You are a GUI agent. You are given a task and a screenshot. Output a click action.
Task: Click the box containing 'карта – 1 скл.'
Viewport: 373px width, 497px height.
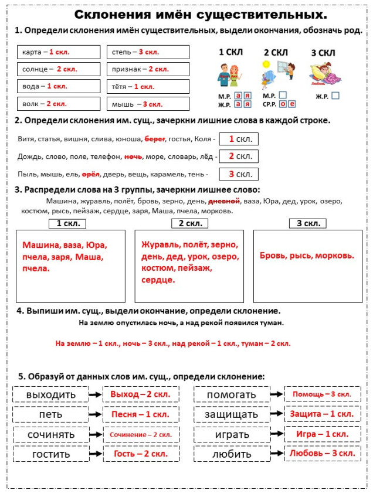59,52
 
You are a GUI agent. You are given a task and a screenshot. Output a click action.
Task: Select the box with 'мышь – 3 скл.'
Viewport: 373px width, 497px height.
149,104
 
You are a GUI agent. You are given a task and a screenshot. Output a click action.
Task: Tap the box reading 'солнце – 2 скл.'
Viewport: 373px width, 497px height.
59,69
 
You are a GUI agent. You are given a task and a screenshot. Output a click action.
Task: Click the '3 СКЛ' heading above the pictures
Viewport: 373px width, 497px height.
323,53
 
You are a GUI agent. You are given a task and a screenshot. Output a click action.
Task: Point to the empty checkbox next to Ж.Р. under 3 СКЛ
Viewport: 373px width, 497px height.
335,95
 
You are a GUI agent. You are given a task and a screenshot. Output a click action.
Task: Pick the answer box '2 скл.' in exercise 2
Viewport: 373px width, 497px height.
239,156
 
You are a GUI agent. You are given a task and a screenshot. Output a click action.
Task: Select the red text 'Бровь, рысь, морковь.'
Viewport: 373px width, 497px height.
307,255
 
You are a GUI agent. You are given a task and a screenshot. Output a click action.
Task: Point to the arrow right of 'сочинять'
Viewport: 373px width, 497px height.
96,434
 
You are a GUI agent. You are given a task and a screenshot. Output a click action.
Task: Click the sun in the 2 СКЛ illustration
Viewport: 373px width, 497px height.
265,63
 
